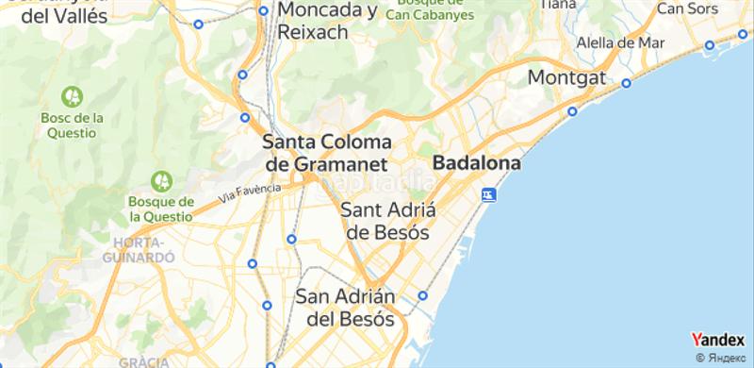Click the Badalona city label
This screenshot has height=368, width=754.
pos(477,163)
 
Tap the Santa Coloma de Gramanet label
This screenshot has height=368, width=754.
pos(326,152)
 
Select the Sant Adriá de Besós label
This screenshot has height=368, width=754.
pos(385,220)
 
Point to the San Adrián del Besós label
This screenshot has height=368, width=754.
pos(345,307)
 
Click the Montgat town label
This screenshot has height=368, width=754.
pos(566,77)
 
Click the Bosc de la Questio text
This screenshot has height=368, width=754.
pos(71,125)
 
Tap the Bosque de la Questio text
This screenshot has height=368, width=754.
pos(160,209)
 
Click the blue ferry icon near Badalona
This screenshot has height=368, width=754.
pos(488,194)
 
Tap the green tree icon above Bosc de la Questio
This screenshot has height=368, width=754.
pos(72,95)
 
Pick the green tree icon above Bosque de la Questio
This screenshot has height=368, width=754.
pos(161,179)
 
